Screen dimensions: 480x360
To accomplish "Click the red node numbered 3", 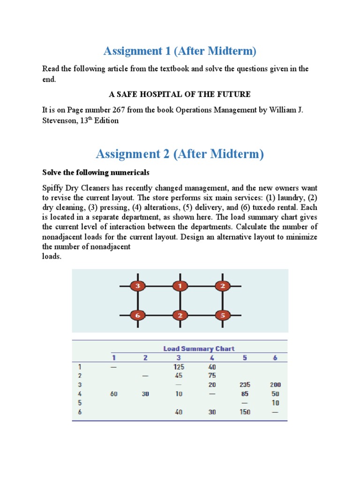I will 137,285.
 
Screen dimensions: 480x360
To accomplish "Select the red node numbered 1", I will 180,285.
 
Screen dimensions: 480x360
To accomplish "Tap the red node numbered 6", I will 137,315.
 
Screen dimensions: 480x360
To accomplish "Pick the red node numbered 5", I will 223,315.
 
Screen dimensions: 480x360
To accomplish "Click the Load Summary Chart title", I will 199,348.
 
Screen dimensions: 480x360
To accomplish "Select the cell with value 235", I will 244,385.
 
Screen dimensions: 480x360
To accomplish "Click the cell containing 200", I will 275,385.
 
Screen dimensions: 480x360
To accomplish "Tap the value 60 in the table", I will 114,394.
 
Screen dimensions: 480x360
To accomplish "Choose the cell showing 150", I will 244,412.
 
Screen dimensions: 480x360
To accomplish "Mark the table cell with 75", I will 212,375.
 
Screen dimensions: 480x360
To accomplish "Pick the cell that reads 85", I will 244,394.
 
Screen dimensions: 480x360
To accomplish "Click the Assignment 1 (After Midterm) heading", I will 180,51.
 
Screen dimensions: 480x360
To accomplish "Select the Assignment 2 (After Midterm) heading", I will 180,153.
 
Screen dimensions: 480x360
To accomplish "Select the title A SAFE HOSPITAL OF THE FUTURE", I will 180,94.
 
